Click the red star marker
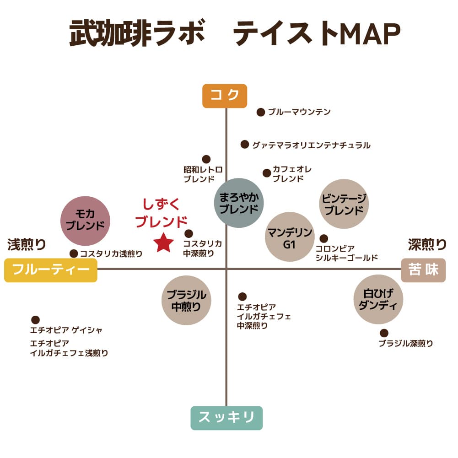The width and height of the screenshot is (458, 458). [164, 243]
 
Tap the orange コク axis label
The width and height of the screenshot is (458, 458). [225, 96]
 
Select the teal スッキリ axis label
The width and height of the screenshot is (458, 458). [226, 418]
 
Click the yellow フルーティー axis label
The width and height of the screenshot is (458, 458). [51, 270]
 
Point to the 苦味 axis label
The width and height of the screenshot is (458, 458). [423, 270]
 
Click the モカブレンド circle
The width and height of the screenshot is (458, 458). [85, 221]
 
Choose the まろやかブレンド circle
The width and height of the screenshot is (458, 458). [239, 203]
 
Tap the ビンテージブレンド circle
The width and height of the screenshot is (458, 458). [344, 204]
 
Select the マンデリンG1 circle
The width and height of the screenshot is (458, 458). [290, 237]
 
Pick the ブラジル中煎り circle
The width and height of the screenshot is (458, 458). [186, 300]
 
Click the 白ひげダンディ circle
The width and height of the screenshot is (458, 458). [378, 299]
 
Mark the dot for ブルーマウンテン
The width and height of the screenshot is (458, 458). [260, 112]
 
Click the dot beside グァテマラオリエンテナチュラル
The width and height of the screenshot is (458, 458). [245, 144]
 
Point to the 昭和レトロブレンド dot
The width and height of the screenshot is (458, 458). [206, 159]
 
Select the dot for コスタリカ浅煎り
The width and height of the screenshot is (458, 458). [74, 253]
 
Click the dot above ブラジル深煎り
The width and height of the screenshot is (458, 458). [384, 333]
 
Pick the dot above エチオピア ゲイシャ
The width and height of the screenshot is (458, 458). [35, 320]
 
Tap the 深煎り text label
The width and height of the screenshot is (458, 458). [427, 244]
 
